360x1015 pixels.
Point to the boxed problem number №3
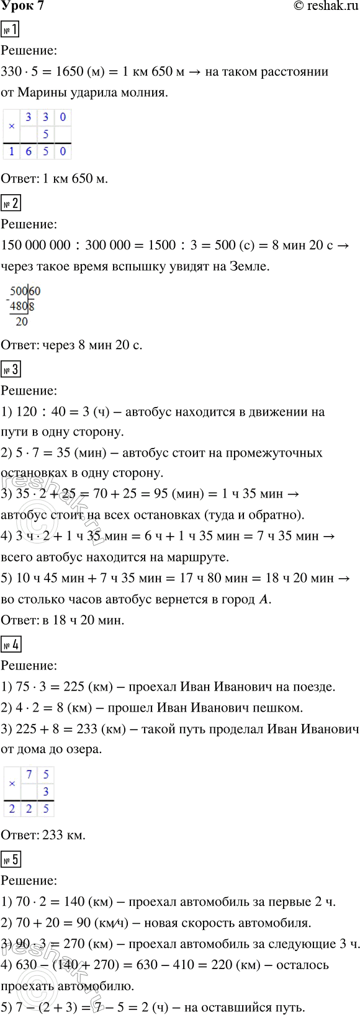tap(11, 370)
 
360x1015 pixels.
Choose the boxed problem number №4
tap(11, 645)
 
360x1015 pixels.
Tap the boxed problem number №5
tap(11, 859)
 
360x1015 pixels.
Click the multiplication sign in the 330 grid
tap(12, 126)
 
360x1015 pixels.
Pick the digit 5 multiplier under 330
tap(45, 134)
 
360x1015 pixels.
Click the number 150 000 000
tap(36, 245)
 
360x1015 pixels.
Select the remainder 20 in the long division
tap(22, 321)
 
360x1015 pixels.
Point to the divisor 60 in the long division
tap(35, 291)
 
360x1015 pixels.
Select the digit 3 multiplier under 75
tap(46, 792)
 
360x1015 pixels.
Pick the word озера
tap(83, 749)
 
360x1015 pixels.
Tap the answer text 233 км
tap(64, 835)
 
